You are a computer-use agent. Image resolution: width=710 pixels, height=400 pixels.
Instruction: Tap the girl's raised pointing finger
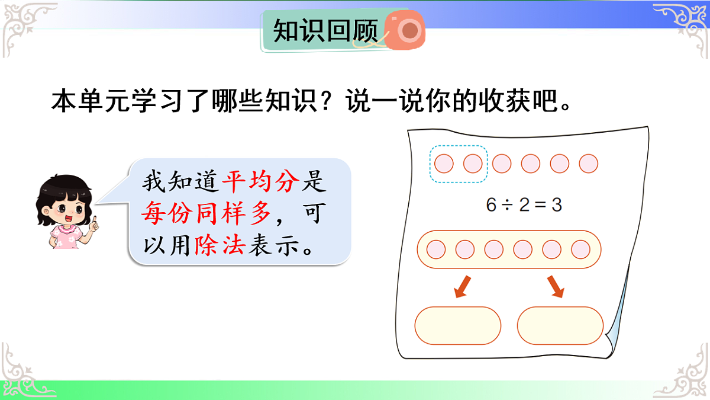(93, 222)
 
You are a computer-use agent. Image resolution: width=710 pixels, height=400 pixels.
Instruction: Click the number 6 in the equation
(490, 205)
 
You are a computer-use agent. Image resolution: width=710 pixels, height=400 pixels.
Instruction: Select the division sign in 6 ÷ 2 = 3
(507, 206)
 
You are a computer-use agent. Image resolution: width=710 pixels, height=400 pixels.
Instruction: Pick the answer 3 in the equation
(556, 205)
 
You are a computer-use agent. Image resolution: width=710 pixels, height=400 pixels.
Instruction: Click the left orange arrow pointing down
(461, 286)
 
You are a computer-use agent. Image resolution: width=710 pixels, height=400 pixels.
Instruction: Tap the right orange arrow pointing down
(556, 286)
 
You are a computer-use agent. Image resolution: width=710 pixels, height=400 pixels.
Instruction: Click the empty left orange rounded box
(458, 325)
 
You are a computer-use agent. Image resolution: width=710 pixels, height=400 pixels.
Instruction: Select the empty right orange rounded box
(560, 325)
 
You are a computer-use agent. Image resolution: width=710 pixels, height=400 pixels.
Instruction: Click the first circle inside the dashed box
(444, 164)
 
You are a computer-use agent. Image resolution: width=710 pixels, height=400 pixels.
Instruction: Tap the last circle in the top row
(588, 164)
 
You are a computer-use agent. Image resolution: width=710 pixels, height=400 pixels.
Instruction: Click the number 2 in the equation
(524, 205)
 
